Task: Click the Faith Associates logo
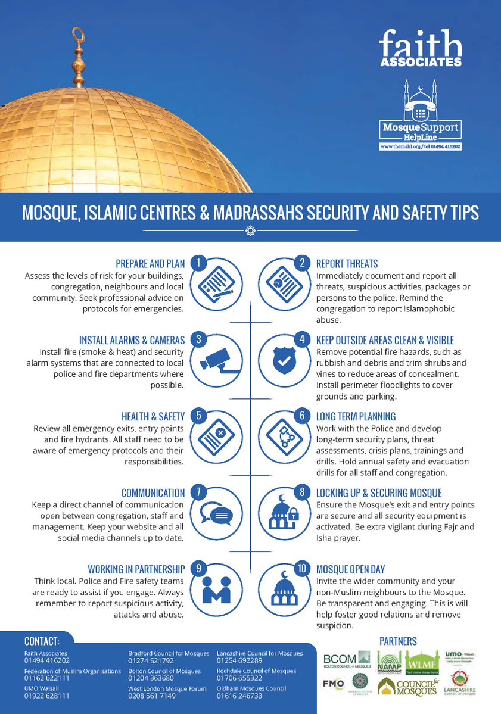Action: (x=422, y=51)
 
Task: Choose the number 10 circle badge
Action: (x=303, y=569)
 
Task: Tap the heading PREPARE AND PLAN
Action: (x=150, y=263)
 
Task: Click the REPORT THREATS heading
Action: (x=347, y=263)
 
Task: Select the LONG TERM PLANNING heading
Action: (x=356, y=416)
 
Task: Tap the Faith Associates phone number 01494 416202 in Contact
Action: (x=47, y=660)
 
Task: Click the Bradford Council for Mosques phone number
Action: (x=151, y=660)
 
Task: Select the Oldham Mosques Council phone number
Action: (x=239, y=696)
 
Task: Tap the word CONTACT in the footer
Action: (x=42, y=641)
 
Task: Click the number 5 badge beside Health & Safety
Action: (x=200, y=416)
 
